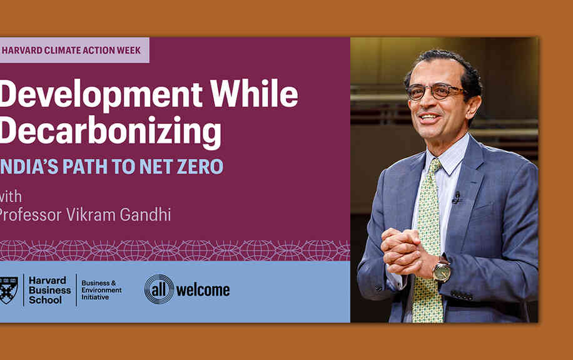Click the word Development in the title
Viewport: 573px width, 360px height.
pyautogui.click(x=101, y=95)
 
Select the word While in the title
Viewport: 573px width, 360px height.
pyautogui.click(x=255, y=93)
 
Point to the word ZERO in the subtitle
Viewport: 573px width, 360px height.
pyautogui.click(x=200, y=167)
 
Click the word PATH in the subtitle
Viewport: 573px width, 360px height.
pyautogui.click(x=84, y=167)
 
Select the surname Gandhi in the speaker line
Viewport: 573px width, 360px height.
pyautogui.click(x=146, y=215)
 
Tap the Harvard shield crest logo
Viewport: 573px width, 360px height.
pyautogui.click(x=9, y=291)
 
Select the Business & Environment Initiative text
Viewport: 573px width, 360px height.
pyautogui.click(x=101, y=290)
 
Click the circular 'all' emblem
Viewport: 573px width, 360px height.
pyautogui.click(x=159, y=289)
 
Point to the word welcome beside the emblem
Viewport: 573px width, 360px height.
pyautogui.click(x=203, y=291)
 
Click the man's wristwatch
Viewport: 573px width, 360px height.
pyautogui.click(x=442, y=270)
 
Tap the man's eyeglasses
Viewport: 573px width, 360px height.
pyautogui.click(x=435, y=91)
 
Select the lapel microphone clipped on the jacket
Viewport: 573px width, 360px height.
pyautogui.click(x=456, y=197)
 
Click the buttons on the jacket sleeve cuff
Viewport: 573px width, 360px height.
pyautogui.click(x=462, y=295)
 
